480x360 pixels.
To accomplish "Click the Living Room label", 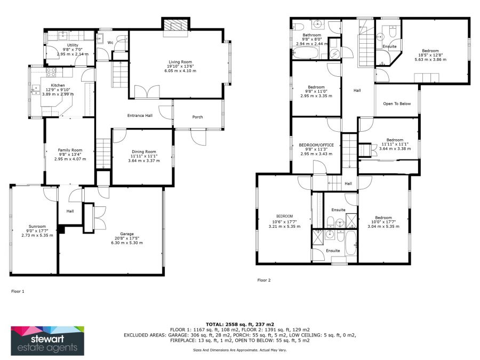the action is tap(180, 62).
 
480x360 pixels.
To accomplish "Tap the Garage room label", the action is tap(127, 234).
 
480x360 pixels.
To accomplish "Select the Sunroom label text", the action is tap(37, 227).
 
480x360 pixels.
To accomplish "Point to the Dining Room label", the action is tap(144, 151).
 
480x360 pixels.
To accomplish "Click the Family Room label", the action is tap(70, 150).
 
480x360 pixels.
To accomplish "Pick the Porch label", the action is tap(197, 117).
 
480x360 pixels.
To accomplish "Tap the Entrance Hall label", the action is tap(140, 115).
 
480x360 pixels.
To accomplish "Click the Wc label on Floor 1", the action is tap(110, 43).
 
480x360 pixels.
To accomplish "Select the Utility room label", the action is tap(73, 45).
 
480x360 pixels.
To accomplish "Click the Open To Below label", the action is tap(397, 104).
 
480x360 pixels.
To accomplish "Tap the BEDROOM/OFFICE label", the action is tap(316, 145).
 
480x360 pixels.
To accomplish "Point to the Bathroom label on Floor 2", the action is tap(312, 35).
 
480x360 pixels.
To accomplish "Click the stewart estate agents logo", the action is tap(47, 341).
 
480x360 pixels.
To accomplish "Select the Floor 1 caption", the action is tap(18, 291).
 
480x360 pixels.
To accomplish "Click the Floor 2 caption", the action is tap(264, 280).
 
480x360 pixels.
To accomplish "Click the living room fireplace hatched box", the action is tap(175, 25).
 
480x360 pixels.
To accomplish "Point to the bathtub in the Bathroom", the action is tap(307, 53).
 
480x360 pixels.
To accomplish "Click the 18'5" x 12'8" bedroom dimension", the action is tap(430, 55).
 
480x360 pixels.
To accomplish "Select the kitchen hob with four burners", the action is tap(51, 72).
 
